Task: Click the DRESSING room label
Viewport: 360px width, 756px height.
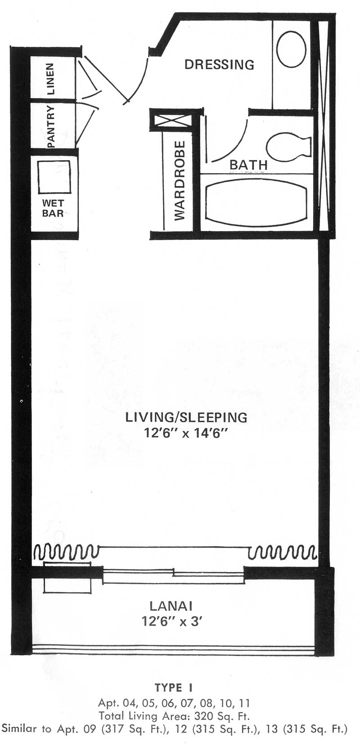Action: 219,64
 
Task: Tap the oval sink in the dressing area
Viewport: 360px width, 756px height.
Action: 291,49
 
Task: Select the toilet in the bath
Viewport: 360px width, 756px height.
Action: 288,146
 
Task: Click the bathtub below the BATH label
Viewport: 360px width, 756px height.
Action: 256,201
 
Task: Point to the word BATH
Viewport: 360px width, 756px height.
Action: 248,165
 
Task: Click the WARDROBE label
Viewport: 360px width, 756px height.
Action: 180,180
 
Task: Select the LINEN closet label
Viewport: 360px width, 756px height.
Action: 51,79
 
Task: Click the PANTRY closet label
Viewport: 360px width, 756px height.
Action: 51,126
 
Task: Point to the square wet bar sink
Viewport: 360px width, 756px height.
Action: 54,177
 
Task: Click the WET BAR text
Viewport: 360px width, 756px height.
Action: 53,208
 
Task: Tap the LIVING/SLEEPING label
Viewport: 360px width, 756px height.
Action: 186,417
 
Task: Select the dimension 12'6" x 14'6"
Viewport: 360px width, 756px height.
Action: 185,433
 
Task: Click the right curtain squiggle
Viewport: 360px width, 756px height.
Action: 282,551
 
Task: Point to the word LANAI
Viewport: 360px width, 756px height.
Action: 171,606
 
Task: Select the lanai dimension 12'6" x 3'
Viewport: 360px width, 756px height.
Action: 172,622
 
